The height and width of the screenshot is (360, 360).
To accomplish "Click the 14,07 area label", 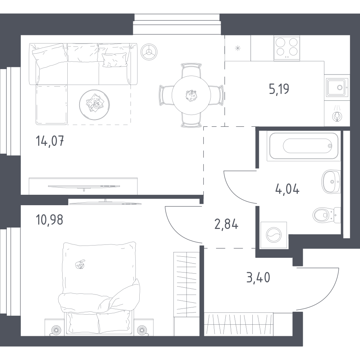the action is coord(50,141).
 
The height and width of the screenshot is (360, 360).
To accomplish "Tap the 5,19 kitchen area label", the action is coord(279,89).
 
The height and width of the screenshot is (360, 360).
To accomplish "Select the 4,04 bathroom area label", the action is coord(287,189).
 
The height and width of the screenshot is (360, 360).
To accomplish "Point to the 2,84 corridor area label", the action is coord(226,224).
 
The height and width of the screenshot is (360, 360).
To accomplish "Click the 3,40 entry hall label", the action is coord(258,277).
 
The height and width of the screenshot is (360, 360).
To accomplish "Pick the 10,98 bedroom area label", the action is coord(49,220).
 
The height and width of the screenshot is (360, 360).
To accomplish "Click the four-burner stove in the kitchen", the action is coord(287,48).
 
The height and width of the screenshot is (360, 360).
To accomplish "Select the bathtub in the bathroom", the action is coord(303,146).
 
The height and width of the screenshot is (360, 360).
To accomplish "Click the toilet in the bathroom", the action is coord(327,215).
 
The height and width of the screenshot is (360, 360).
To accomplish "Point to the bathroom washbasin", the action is coord(331,181).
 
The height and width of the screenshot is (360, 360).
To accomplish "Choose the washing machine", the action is coord(274,235).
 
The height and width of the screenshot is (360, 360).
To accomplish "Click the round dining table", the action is coord(191,95).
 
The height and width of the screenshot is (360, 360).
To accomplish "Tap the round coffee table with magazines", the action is coord(94,105).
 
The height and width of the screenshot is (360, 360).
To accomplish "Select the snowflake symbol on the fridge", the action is coord(238,48).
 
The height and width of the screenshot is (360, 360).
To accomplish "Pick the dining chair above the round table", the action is coord(191,70).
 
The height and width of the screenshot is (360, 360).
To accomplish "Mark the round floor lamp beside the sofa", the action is coord(149,52).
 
